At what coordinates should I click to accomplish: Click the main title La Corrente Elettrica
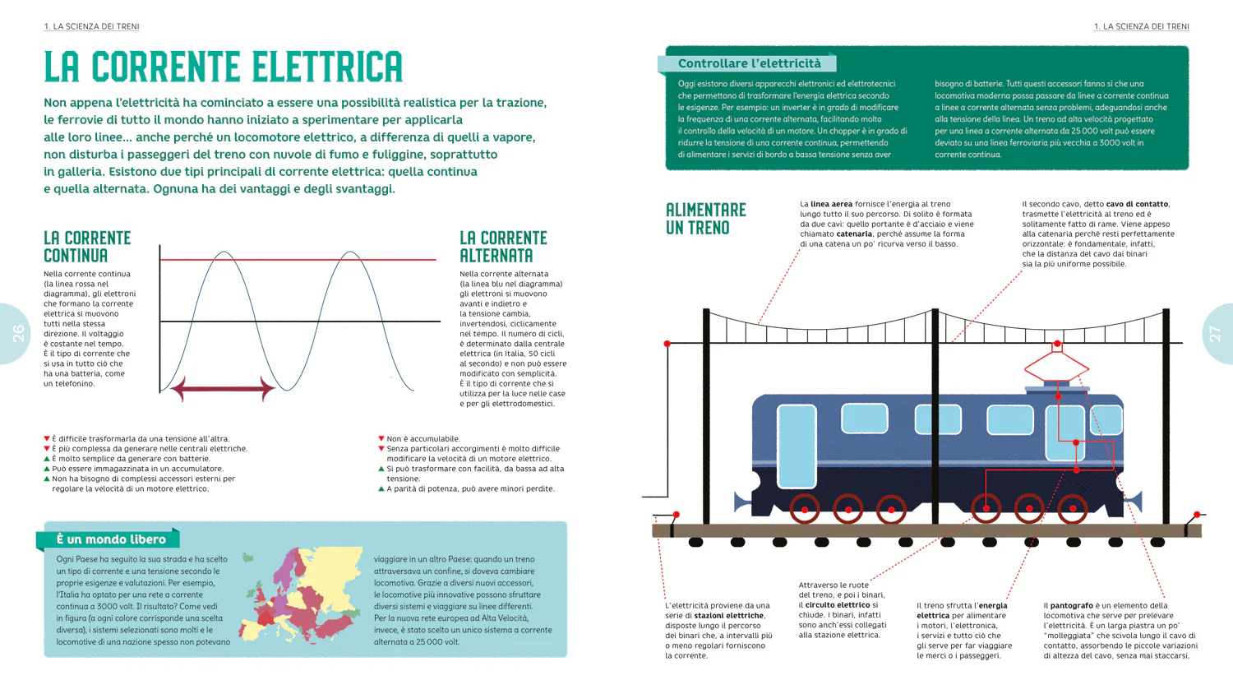coord(224,67)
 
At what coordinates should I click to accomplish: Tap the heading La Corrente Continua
coord(87,247)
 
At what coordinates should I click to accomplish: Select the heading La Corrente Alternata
coord(503,247)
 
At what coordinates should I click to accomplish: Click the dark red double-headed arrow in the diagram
coord(223,389)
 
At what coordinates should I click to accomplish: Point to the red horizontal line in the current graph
coord(298,259)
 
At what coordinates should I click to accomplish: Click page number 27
coord(1215,334)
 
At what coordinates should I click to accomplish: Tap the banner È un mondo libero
coord(111,539)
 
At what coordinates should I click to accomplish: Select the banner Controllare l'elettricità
coord(749,63)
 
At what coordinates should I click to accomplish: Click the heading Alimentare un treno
coord(705,219)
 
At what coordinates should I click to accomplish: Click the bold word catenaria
coord(854,234)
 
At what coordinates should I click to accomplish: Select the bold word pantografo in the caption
coord(1071,606)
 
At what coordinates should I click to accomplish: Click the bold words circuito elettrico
coord(838,604)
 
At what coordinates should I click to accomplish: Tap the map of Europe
coord(301,595)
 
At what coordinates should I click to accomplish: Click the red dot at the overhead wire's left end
coord(667,344)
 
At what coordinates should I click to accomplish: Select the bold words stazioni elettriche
coord(729,616)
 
